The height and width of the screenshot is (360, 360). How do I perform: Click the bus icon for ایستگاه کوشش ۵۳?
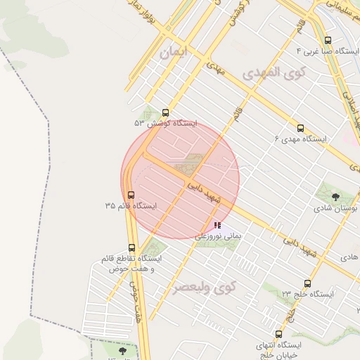click(x=166, y=112)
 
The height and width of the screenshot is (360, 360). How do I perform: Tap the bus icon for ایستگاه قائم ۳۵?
click(x=131, y=195)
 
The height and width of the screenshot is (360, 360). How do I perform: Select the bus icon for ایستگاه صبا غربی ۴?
click(x=328, y=41)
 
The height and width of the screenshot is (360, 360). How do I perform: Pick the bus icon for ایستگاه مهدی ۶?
click(x=300, y=129)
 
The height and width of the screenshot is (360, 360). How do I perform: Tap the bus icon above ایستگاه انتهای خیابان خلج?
click(x=279, y=334)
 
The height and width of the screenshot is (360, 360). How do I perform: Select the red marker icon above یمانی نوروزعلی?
click(x=217, y=226)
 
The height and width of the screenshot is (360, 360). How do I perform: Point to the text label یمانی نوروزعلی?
click(x=217, y=238)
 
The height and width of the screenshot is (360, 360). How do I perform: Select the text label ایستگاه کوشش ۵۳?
click(x=167, y=123)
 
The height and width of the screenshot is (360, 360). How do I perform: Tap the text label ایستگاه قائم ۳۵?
click(x=131, y=206)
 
